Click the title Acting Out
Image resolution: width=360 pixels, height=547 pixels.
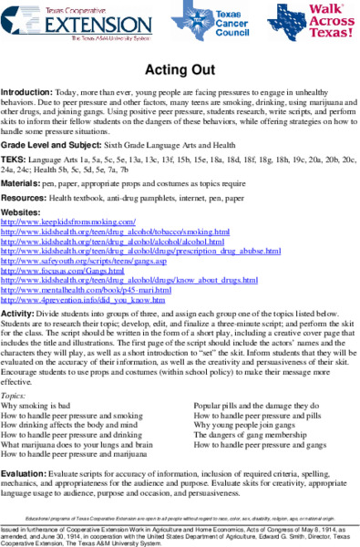point(180,72)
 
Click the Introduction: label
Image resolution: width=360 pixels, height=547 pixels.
point(26,93)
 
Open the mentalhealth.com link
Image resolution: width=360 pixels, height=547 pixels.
point(87,291)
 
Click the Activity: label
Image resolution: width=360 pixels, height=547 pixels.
point(17,315)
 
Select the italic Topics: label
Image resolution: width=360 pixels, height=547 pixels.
point(14,371)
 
